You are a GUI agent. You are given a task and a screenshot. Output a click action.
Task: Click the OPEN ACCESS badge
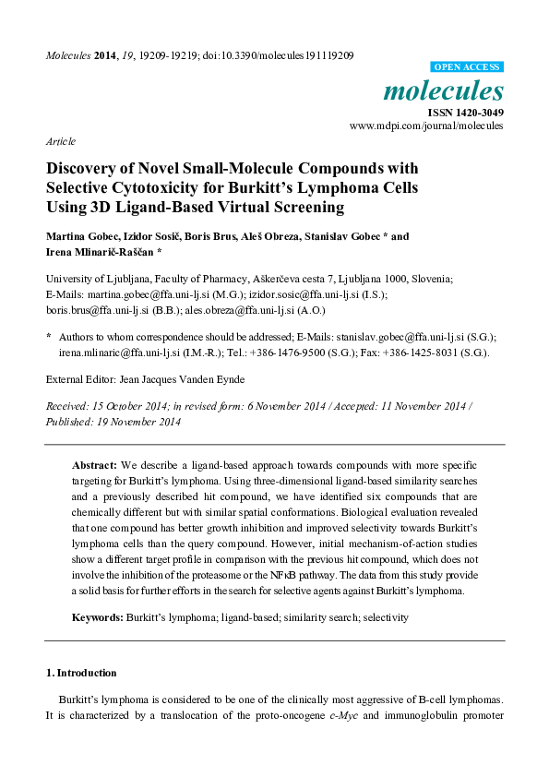coord(468,66)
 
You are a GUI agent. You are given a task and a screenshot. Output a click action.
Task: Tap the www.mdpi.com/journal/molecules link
coord(426,126)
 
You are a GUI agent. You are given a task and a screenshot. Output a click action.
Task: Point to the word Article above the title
coord(60,141)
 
